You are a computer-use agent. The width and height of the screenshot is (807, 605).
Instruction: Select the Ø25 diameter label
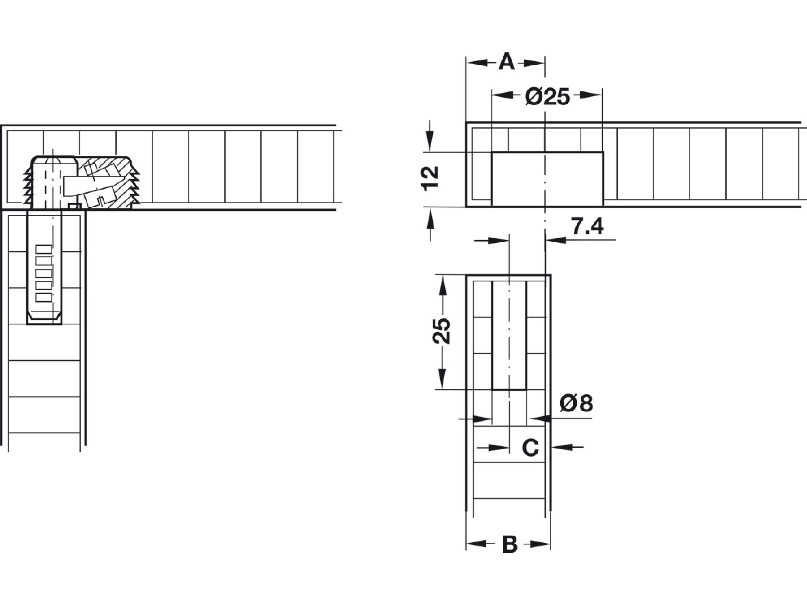(x=547, y=96)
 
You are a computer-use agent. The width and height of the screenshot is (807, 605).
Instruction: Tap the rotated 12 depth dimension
(x=430, y=178)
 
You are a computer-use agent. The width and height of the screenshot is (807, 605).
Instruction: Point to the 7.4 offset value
(x=587, y=227)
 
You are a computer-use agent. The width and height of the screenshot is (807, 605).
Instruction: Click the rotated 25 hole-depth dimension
(x=441, y=330)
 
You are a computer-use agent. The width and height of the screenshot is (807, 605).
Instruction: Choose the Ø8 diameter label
(x=576, y=403)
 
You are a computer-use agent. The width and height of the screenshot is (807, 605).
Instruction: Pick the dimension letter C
(x=530, y=447)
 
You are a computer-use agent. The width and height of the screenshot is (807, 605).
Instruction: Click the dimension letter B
(x=509, y=544)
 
